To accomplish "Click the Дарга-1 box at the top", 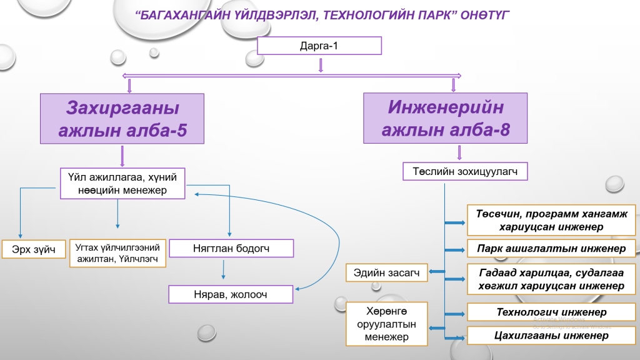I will [x=319, y=46].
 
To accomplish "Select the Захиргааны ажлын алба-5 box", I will [x=122, y=119].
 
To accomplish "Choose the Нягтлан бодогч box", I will [x=231, y=249].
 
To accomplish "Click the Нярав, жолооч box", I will [x=231, y=294].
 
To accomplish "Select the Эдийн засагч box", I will [x=387, y=272].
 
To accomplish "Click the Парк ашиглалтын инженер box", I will [x=552, y=248].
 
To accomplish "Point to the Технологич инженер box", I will [x=552, y=312].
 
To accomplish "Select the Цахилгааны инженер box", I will [x=552, y=336].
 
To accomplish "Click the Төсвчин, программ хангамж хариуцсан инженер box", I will [x=552, y=220].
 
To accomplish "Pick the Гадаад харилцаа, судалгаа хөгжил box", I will [x=552, y=279].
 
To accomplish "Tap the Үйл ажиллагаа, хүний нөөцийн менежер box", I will [x=122, y=183].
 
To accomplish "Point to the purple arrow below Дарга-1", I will [x=321, y=65].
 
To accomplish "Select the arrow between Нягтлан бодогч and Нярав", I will [x=223, y=269].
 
